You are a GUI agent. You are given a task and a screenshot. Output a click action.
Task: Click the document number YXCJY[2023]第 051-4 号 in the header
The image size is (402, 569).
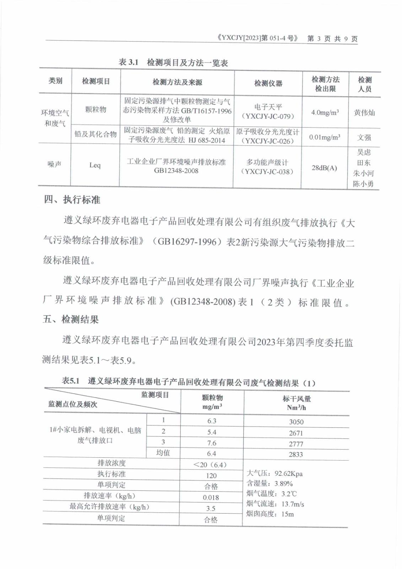coord(258,38)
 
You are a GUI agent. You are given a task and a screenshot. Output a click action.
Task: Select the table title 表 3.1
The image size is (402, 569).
coord(128,62)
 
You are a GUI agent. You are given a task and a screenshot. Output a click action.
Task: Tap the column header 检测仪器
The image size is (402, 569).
coord(268,83)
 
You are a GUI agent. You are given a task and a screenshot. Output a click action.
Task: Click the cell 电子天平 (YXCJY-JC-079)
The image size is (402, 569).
coord(268,111)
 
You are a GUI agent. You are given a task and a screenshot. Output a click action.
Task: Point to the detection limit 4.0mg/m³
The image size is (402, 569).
coord(325,112)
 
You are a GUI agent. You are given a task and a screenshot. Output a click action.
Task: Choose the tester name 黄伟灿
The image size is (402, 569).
coord(364,113)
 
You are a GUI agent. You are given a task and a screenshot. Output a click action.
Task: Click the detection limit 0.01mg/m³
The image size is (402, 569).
coord(325,137)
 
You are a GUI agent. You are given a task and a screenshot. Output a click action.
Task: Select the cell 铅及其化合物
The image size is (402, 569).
coord(96,134)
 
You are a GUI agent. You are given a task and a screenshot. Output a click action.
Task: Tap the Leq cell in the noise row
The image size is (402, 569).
coord(95,165)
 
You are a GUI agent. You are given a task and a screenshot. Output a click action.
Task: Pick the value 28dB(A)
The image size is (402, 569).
coord(324,168)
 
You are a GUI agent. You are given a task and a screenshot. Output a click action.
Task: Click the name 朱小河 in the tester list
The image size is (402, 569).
coord(363,173)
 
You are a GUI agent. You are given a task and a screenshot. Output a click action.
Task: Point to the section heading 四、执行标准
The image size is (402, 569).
coord(72,200)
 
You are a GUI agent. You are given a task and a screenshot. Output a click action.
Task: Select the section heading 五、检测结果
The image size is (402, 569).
coord(71,319)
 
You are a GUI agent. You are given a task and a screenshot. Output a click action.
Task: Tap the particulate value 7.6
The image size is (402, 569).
coord(211,443)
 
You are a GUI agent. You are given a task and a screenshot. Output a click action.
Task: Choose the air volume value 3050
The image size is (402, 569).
coord(296,422)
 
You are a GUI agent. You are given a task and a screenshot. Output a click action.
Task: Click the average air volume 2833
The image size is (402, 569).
coord(296,454)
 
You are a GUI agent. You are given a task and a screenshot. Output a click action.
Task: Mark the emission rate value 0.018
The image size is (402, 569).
coord(211,498)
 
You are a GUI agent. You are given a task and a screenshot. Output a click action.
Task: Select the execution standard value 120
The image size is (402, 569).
coord(211,475)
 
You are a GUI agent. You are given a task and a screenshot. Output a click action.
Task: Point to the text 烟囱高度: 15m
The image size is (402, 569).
coord(270,514)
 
